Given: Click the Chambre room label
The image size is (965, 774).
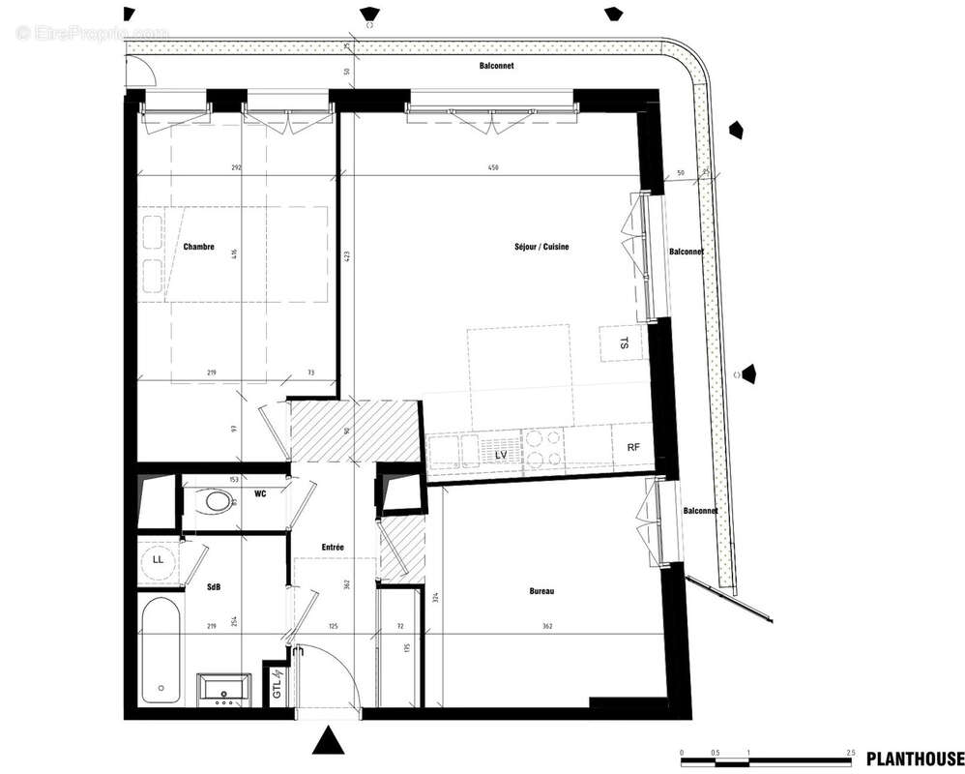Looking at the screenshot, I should coord(198,247).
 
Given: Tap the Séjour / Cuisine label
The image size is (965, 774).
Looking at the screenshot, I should coord(541,247).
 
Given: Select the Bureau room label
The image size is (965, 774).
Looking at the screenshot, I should coord(541,591).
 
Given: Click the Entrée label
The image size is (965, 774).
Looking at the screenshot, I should coord(333,548).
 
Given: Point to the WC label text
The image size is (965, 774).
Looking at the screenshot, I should coord(260,494).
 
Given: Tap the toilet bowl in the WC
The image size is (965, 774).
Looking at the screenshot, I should coord(215,502).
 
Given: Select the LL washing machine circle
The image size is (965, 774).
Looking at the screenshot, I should coord(158,561).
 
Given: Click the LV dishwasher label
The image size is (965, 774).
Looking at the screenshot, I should coord(501,454).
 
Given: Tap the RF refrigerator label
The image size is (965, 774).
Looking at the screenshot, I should coord(633,447).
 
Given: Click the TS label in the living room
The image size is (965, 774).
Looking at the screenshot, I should coord(624,342).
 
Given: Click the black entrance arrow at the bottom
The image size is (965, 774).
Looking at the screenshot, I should coord(330,741).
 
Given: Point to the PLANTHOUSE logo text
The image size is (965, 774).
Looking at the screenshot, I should coord(914,758).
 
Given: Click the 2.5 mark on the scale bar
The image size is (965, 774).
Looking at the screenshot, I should coord(849,752).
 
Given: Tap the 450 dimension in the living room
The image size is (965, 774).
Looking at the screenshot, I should coord(495,168).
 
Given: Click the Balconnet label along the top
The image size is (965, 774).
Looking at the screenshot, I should coord(496,67).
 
